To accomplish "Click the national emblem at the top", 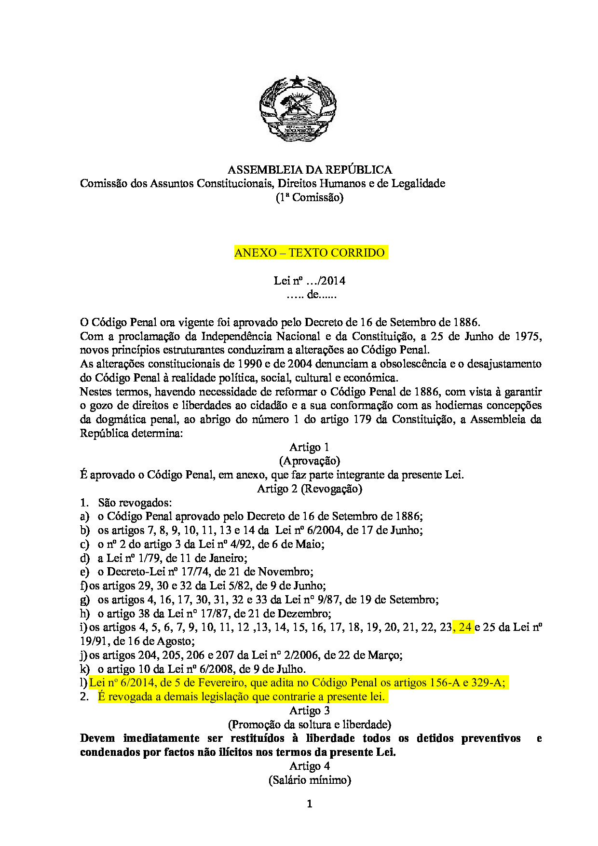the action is point(298,109).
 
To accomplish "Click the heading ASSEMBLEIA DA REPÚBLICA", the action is point(310,170).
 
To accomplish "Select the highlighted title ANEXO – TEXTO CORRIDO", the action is point(310,253).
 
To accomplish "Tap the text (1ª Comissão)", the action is point(310,197).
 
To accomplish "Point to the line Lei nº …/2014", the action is point(310,281).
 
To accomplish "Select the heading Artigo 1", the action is point(310,447).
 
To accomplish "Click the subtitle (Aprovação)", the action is point(310,461).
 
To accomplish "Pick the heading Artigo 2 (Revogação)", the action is point(310,489).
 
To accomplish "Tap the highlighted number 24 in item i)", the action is point(464,627).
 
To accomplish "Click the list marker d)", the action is point(85,558).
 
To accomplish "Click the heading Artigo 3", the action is point(310,710).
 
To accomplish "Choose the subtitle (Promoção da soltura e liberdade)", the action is point(310,724).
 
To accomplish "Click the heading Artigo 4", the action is point(310,766).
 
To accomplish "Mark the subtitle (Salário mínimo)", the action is point(310,780).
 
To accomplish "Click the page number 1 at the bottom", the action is point(310,804).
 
